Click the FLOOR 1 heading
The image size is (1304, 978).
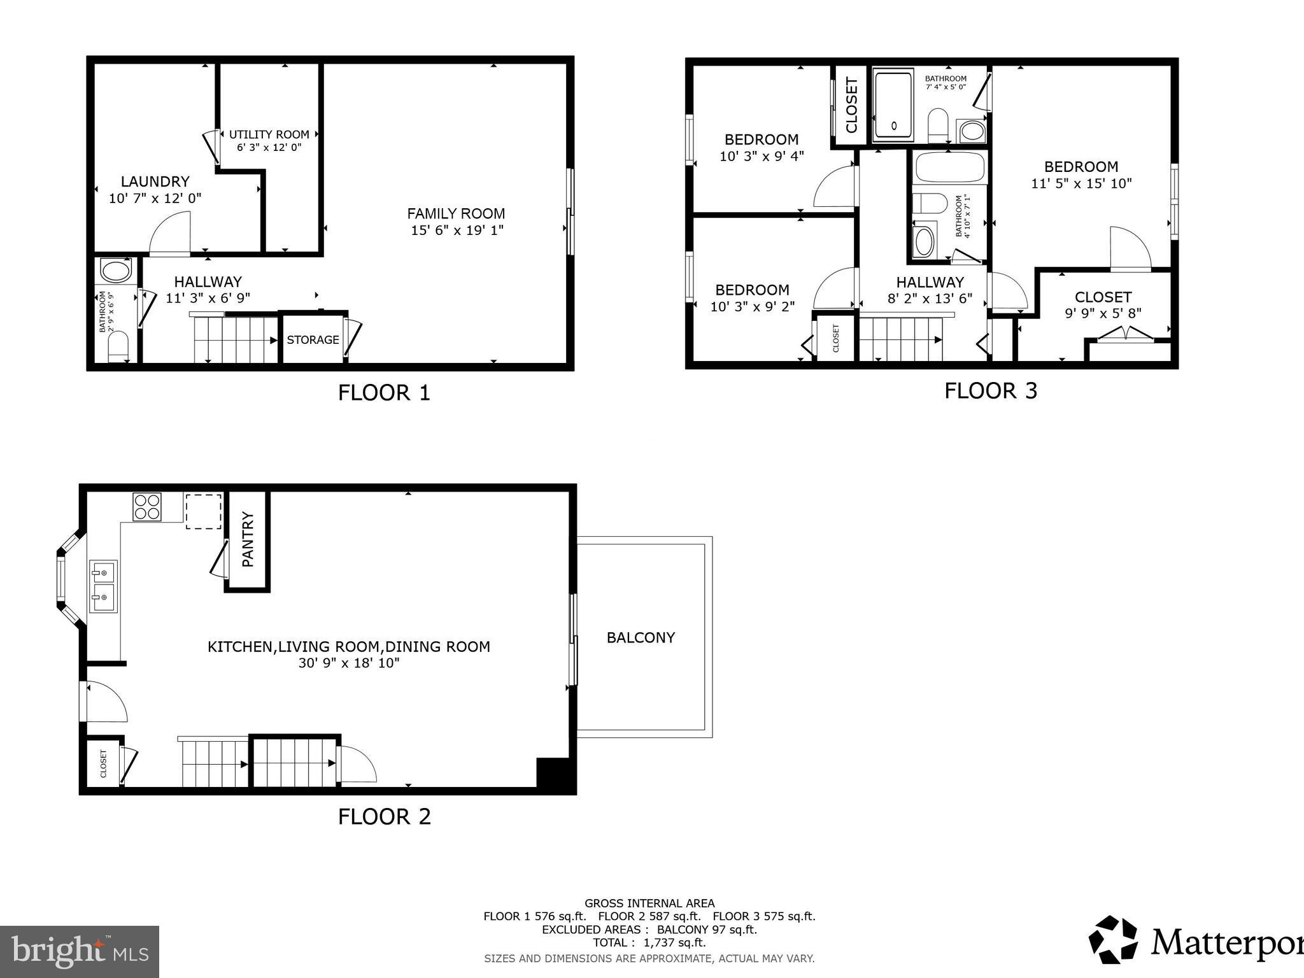point(384,393)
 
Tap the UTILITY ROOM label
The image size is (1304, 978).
point(269,134)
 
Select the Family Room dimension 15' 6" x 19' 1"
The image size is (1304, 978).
point(457,230)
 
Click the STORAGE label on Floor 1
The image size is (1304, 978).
point(313,340)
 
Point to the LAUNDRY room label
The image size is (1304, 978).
point(155,182)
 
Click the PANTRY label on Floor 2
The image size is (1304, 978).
point(248,539)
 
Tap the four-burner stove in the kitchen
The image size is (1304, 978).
point(147,507)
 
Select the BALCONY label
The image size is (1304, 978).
point(641,637)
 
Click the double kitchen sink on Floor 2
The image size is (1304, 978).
point(103,586)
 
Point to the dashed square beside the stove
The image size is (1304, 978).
point(204,511)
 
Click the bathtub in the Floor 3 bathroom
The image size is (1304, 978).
point(949,168)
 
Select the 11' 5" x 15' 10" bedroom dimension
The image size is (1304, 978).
point(1081,183)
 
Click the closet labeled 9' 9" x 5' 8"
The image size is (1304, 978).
point(1103,304)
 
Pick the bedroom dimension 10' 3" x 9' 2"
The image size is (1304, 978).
point(752,306)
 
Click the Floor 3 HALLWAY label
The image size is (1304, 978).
point(930,282)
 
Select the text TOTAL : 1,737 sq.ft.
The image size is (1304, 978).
point(649,942)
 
